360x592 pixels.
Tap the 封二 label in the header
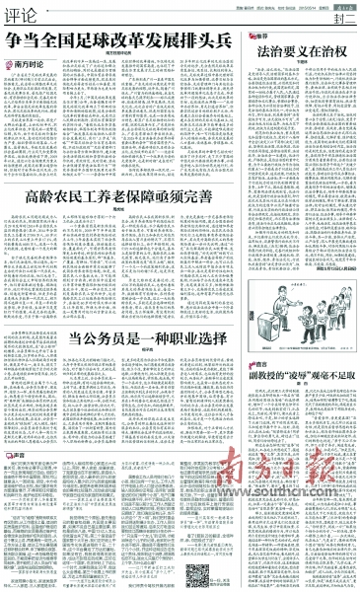point(342,17)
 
